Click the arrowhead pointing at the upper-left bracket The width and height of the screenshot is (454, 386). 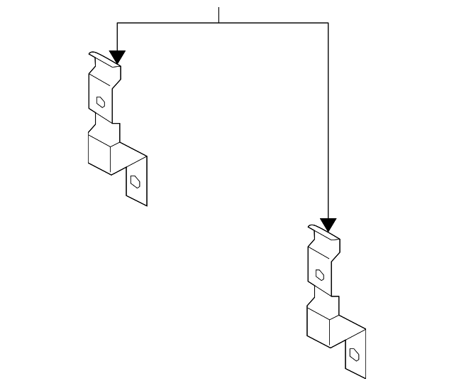[117, 57]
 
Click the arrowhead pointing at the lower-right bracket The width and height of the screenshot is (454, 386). [328, 225]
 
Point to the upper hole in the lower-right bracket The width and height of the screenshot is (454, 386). [320, 274]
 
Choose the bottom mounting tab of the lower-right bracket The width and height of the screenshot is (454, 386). [355, 354]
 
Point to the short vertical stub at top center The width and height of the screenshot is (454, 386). [219, 14]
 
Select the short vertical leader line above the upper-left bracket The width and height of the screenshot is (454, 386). [117, 37]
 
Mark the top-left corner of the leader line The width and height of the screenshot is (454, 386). [117, 23]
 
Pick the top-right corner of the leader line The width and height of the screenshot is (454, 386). [328, 23]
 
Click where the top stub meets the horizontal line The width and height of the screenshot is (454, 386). [219, 23]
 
